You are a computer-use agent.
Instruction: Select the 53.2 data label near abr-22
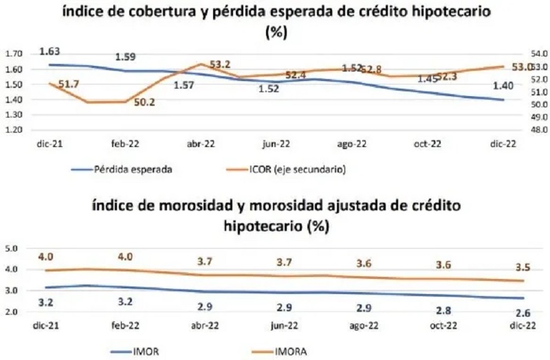pyautogui.click(x=220, y=65)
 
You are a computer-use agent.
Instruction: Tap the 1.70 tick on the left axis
pyautogui.click(x=14, y=54)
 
